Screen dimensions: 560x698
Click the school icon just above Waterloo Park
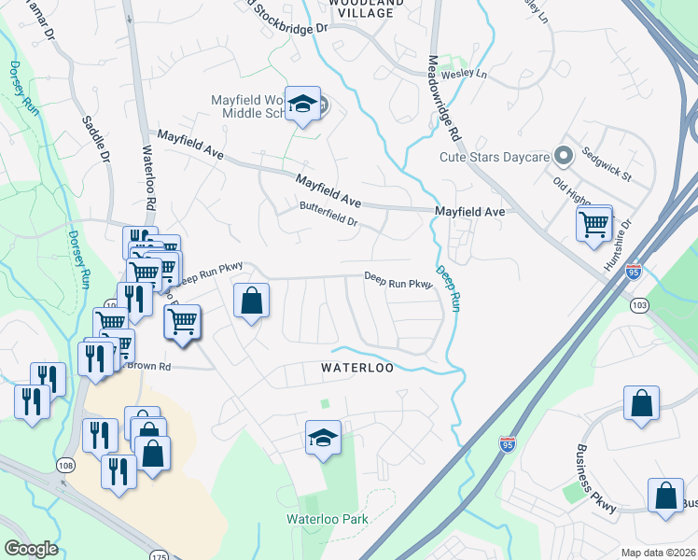coord(322,437)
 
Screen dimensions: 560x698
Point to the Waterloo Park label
coord(327,519)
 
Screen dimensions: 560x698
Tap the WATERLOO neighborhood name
coord(357,368)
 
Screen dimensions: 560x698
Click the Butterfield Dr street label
coord(328,214)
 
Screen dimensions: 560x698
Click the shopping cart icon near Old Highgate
coord(594,224)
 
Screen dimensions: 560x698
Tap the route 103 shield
coord(639,305)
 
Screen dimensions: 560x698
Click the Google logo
coord(32,549)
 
